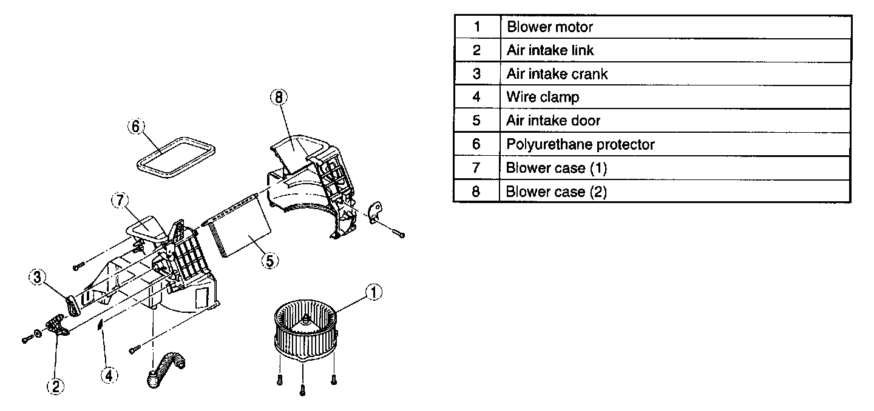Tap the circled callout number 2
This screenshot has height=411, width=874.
point(55,386)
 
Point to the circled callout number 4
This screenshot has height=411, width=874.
point(109,376)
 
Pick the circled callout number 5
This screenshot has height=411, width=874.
point(269,261)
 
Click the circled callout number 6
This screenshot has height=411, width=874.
point(136,127)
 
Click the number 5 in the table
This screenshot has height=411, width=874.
point(476,121)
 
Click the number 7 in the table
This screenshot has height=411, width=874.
point(476,168)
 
